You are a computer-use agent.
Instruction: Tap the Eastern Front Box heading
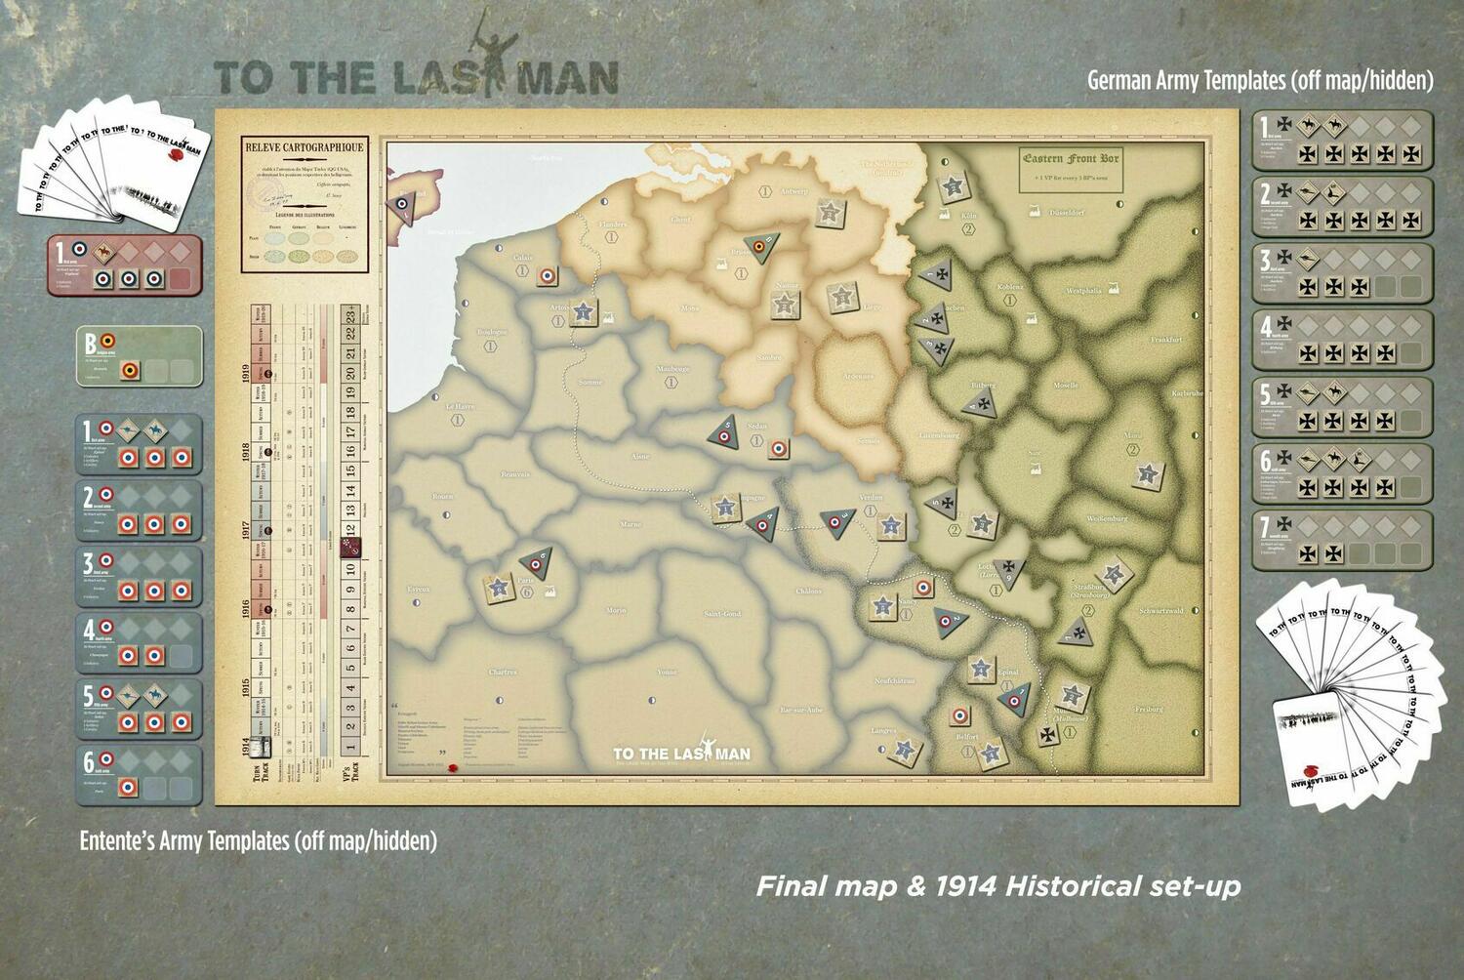[1071, 158]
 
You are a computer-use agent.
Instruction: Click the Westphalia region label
[1083, 291]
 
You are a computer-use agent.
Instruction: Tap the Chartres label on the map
[503, 673]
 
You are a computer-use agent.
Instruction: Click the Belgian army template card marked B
[140, 357]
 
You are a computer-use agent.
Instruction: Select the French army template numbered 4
[140, 642]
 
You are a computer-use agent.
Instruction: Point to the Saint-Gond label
[722, 614]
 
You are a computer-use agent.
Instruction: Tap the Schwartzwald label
[1160, 611]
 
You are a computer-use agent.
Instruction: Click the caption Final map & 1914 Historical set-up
[998, 886]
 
